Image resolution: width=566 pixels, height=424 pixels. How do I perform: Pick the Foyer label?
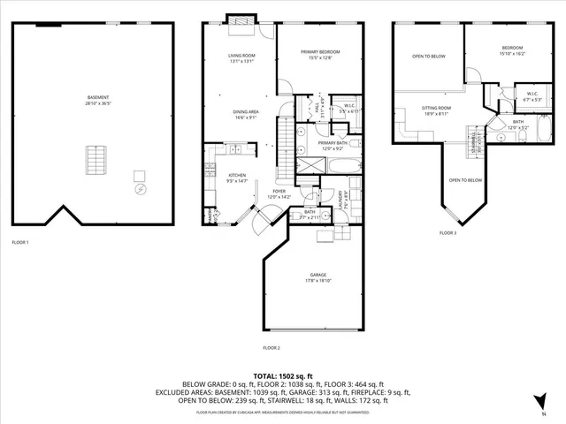(x=279, y=191)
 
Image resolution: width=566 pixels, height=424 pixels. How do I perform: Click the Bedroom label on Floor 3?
(x=512, y=49)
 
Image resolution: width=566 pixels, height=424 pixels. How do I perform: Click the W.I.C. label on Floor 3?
(x=532, y=94)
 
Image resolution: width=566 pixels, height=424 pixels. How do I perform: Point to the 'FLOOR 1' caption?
(x=19, y=242)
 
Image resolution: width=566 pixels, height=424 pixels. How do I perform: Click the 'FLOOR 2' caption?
(x=272, y=349)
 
